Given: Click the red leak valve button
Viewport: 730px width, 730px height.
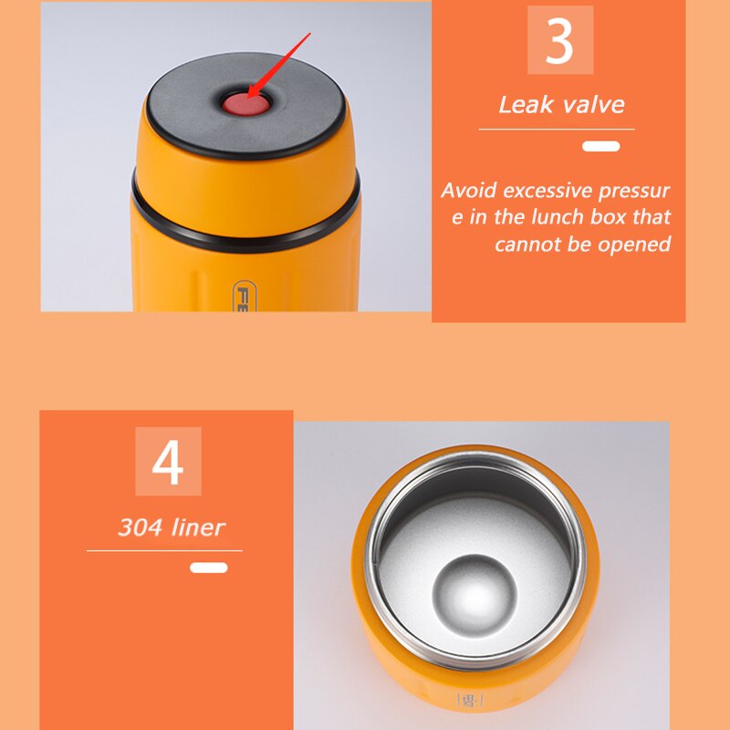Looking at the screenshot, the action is point(245,104).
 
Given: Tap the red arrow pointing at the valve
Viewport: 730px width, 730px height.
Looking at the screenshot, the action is point(278,66).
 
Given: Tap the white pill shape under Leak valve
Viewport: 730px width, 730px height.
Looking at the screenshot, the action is point(600,146).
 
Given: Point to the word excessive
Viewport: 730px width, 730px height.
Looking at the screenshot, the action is point(548,191).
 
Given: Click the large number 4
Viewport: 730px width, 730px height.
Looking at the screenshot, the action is point(168,463).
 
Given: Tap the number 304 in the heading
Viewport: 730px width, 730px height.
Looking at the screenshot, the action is point(141,527).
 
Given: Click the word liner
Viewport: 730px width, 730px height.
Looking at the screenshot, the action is point(198,527).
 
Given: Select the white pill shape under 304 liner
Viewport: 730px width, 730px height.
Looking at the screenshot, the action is point(209,568).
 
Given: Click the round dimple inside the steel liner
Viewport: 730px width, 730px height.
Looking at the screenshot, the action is point(474,596).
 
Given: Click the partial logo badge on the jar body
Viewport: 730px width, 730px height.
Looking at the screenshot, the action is point(242,296).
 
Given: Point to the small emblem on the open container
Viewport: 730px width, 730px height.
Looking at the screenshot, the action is point(470,700).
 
